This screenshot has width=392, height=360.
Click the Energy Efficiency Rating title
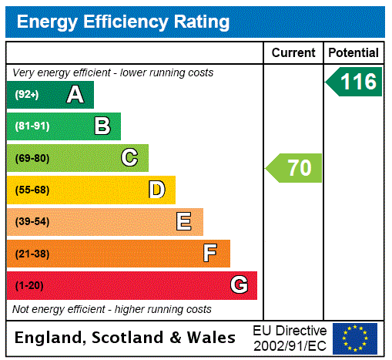pos(123,22)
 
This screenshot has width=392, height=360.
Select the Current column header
pos(293,53)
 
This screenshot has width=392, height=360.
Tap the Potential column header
pos(353,53)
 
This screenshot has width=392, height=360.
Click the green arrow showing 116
pos(355,82)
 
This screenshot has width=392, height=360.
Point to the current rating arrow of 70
pos(295,167)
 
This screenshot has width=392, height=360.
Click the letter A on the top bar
pos(75,95)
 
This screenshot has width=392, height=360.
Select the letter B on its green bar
pos(102,126)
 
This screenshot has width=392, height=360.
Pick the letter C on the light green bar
pos(129,158)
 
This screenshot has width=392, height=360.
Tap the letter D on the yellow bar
pos(156,190)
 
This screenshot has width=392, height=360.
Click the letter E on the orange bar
pos(184,222)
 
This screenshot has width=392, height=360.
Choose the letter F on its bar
pos(210,254)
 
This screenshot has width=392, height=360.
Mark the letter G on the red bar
pos(239,285)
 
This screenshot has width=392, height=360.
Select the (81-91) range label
pos(32,126)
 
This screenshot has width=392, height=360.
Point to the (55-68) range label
pos(32,190)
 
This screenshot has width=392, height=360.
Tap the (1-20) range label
pos(29,286)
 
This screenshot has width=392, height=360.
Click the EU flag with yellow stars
pos(355,338)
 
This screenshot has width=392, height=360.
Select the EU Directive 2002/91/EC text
pos(290,338)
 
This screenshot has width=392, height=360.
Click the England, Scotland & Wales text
pos(126,338)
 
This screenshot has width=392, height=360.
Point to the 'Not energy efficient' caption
pos(112,309)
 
